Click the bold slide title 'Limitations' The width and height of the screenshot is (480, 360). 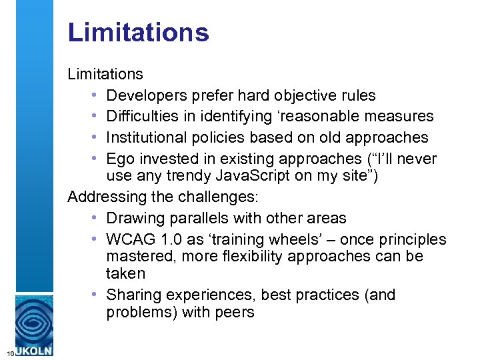click(138, 32)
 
